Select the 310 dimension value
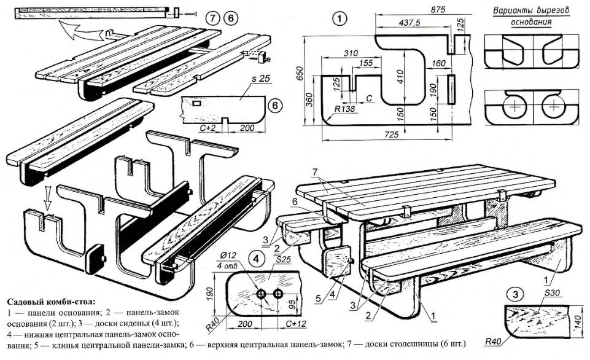(x=350, y=53)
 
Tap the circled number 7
(x=213, y=18)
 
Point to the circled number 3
(x=516, y=293)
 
